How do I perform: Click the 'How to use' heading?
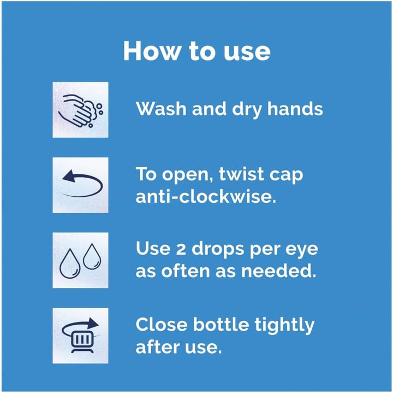click(x=196, y=51)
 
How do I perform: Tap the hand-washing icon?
click(x=80, y=109)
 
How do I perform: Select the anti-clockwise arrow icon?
click(x=80, y=185)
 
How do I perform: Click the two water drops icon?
click(x=80, y=260)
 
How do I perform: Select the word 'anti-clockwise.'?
click(x=206, y=196)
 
